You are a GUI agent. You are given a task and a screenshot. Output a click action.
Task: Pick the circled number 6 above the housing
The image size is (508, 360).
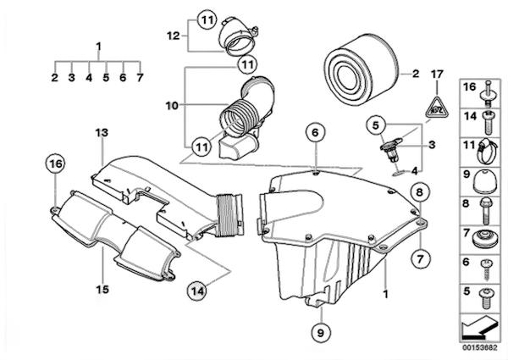[x=313, y=133]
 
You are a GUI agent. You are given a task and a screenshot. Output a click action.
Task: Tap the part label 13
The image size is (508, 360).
[x=102, y=133]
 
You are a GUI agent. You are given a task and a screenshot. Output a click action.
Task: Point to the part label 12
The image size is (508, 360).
[x=172, y=36]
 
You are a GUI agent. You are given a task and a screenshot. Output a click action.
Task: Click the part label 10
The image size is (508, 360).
[x=173, y=105]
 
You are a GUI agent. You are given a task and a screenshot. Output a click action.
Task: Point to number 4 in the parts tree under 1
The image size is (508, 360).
[x=88, y=77]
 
